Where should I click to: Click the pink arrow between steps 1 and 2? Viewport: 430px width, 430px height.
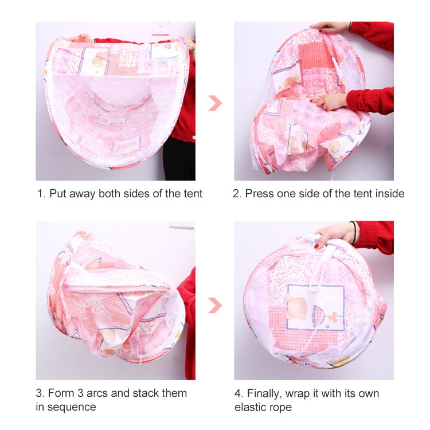point(214,103)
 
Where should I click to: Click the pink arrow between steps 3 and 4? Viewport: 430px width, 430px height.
point(214,305)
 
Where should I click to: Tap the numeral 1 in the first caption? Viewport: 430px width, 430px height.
point(40,194)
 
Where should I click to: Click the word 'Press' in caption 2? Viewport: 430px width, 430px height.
point(259,194)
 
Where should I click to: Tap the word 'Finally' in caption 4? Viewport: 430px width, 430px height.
point(266,393)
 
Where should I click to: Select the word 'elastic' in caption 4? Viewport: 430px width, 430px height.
point(251,407)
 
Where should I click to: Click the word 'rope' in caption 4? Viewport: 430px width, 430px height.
point(281,407)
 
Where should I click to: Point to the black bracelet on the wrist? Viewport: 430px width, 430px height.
point(353,232)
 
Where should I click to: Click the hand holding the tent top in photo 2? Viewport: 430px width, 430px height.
point(330,27)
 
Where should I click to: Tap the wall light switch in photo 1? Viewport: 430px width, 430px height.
point(160,28)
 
